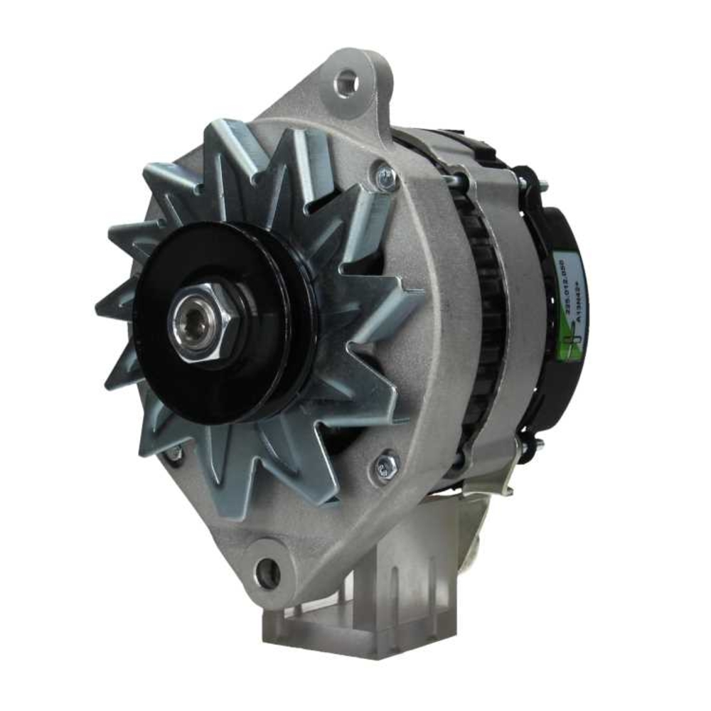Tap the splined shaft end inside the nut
coord(193,324)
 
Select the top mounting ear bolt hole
coord(346,84)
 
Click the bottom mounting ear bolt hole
coord(268,572)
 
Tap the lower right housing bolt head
coord(386,467)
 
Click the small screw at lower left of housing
coord(173,454)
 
